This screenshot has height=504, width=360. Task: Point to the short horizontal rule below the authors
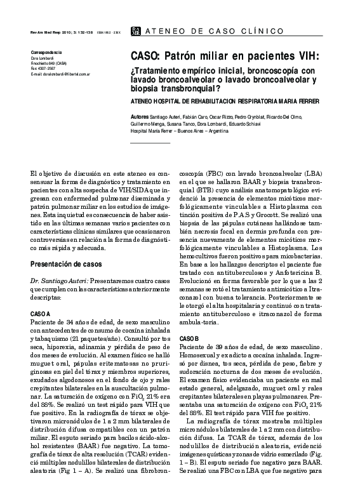tap(150, 143)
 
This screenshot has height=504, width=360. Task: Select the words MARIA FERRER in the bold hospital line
tap(293, 102)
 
